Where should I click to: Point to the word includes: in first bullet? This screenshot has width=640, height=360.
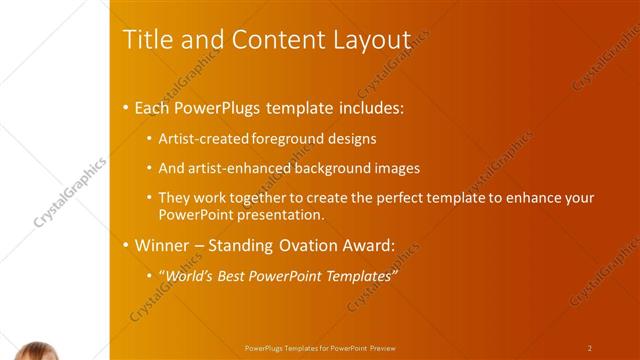[368, 107]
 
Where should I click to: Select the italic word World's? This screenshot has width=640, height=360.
[190, 276]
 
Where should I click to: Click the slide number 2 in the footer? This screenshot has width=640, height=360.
[589, 348]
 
